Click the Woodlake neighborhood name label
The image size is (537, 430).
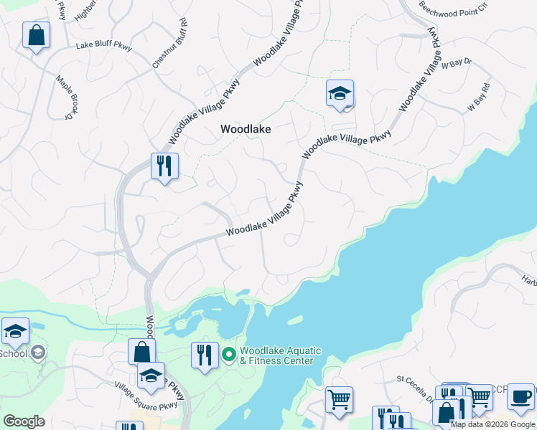click(245, 129)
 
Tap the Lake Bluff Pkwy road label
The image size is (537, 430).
click(104, 47)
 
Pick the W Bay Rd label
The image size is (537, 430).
click(478, 97)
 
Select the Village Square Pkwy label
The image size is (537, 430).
click(146, 397)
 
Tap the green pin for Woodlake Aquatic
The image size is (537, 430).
click(229, 354)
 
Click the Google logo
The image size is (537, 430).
click(24, 421)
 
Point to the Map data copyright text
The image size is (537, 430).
click(493, 424)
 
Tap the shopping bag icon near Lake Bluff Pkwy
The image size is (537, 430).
click(36, 35)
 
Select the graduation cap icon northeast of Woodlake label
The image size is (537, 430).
click(340, 93)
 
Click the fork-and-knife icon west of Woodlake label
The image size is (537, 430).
click(164, 166)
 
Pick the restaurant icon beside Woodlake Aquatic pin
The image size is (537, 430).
click(205, 355)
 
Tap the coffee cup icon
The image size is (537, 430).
click(520, 396)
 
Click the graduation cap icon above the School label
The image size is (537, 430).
click(15, 331)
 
